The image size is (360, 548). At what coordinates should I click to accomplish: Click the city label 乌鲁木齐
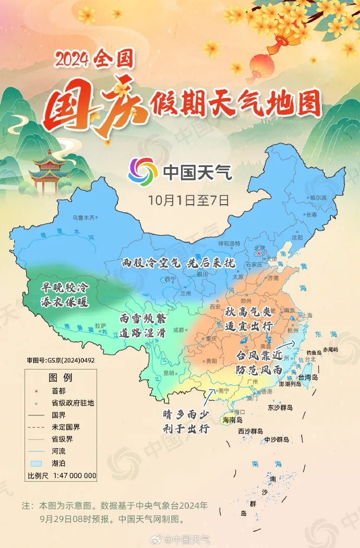(84, 217)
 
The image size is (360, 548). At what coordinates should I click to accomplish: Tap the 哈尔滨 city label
(318, 197)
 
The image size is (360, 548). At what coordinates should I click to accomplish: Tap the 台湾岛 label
(308, 377)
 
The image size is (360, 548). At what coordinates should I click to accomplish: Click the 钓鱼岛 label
(315, 352)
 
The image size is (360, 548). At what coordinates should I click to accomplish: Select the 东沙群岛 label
(281, 408)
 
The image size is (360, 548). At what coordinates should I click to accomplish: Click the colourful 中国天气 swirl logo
(142, 171)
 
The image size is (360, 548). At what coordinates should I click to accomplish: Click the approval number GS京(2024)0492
(61, 360)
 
